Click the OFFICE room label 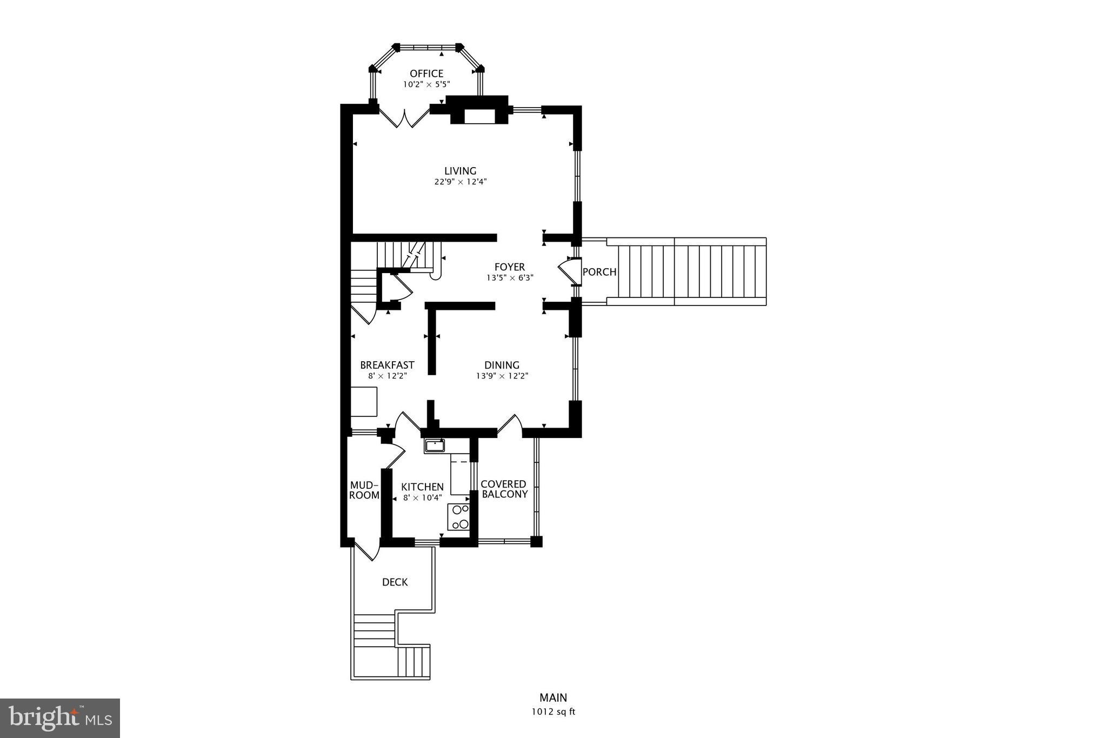pyautogui.click(x=426, y=74)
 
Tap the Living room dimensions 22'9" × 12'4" pyautogui.click(x=461, y=182)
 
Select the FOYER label pyautogui.click(x=509, y=267)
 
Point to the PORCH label pyautogui.click(x=599, y=272)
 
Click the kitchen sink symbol pyautogui.click(x=434, y=446)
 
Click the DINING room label pyautogui.click(x=502, y=365)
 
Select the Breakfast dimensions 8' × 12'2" pyautogui.click(x=387, y=376)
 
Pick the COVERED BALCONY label pyautogui.click(x=504, y=489)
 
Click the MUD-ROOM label pyautogui.click(x=364, y=490)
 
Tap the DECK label pyautogui.click(x=395, y=582)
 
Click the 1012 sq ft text pyautogui.click(x=553, y=712)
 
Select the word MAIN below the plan pyautogui.click(x=553, y=698)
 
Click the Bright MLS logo pyautogui.click(x=60, y=718)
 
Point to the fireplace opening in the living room pyautogui.click(x=479, y=117)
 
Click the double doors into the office pyautogui.click(x=404, y=118)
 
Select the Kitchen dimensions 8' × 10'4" pyautogui.click(x=423, y=498)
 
